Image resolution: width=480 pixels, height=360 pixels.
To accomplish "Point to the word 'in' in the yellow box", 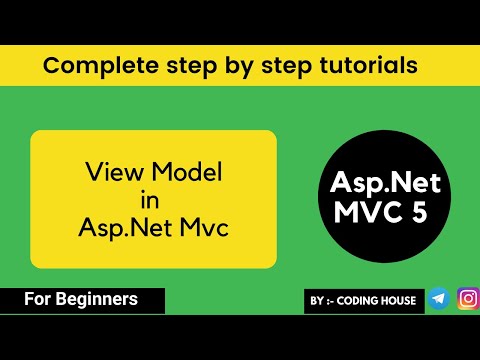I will pos(153,200).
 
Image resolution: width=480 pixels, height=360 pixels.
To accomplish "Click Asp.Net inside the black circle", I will pos(385,184).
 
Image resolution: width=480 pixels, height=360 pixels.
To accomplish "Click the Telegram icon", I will pos(439,299).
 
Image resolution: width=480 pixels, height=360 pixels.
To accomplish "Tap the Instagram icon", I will pos(467,298).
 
